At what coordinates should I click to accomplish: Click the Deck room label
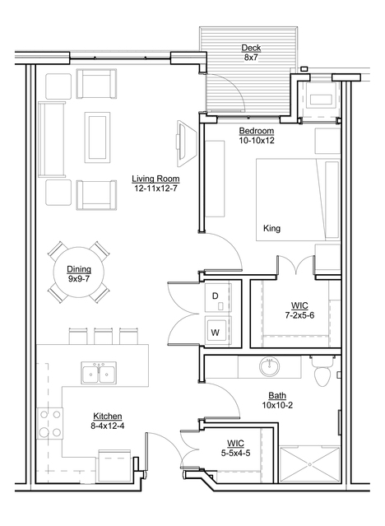251,48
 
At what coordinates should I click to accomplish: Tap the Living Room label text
155,179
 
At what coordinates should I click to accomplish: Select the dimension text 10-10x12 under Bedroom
257,141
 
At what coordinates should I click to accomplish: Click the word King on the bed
271,229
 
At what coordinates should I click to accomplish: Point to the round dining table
79,272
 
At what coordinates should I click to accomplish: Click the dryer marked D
218,296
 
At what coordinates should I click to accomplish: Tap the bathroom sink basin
269,366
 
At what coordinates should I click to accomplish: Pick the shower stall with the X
310,464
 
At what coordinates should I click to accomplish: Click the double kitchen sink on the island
99,373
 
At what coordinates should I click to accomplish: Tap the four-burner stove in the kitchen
50,423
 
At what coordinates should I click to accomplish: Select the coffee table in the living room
97,137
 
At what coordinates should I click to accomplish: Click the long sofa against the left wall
52,139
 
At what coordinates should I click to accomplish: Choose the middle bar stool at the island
104,336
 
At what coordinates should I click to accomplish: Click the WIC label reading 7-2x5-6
299,310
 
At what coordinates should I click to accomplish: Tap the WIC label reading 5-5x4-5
235,449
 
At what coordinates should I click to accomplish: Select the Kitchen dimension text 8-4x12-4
107,426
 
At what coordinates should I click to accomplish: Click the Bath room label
277,395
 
